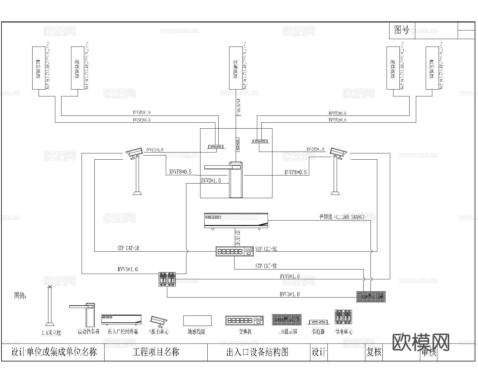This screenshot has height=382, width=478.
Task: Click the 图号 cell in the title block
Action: (402, 30)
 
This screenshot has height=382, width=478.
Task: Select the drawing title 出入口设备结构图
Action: (257, 352)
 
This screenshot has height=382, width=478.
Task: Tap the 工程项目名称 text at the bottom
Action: (156, 352)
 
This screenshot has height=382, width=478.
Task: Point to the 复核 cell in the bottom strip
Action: (374, 352)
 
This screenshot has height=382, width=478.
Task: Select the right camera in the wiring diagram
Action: (338, 153)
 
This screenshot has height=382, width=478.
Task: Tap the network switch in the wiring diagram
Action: (235, 252)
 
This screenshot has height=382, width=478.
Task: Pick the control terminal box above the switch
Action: (236, 221)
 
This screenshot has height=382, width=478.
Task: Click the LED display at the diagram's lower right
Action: (371, 297)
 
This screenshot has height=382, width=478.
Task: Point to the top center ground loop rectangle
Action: (236, 68)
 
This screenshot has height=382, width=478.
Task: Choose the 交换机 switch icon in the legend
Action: (245, 321)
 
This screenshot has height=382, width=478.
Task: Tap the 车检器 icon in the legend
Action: (318, 322)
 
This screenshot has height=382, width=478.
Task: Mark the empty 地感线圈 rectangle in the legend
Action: (197, 321)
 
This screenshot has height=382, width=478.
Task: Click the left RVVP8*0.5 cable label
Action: (180, 172)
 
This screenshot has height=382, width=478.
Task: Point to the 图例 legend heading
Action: (20, 296)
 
